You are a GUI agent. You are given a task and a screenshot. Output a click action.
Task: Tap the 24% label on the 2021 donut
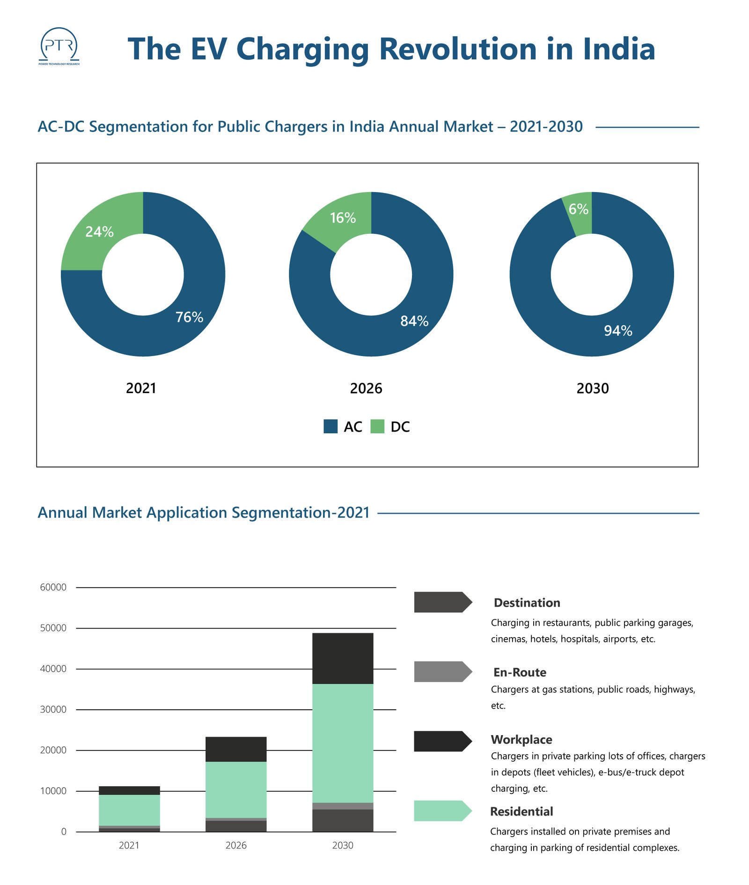click(99, 231)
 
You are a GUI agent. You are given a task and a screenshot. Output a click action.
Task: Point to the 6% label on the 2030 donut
click(579, 209)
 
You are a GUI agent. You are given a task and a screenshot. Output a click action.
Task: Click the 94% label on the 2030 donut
click(618, 331)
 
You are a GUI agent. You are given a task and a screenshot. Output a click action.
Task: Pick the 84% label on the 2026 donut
click(414, 321)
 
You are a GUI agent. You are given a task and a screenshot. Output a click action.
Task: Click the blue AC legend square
click(330, 426)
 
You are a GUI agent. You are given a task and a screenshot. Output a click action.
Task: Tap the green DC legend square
click(377, 426)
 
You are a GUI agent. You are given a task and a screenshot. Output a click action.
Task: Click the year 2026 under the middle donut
click(366, 388)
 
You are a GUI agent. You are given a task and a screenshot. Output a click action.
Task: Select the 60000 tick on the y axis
click(53, 587)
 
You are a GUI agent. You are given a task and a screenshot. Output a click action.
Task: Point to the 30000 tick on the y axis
click(53, 709)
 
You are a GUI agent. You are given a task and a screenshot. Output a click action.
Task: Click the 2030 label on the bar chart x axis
click(343, 846)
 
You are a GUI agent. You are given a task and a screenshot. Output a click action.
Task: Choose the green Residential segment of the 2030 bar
click(343, 743)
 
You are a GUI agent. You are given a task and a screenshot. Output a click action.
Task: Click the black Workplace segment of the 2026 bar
click(236, 749)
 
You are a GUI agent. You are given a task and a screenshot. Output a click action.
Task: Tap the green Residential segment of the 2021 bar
click(129, 810)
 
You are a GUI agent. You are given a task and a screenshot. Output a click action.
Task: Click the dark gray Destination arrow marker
click(442, 602)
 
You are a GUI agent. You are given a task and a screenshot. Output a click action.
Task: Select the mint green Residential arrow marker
click(442, 811)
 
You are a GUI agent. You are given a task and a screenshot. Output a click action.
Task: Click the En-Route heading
click(520, 672)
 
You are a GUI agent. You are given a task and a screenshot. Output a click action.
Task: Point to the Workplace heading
click(521, 739)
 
